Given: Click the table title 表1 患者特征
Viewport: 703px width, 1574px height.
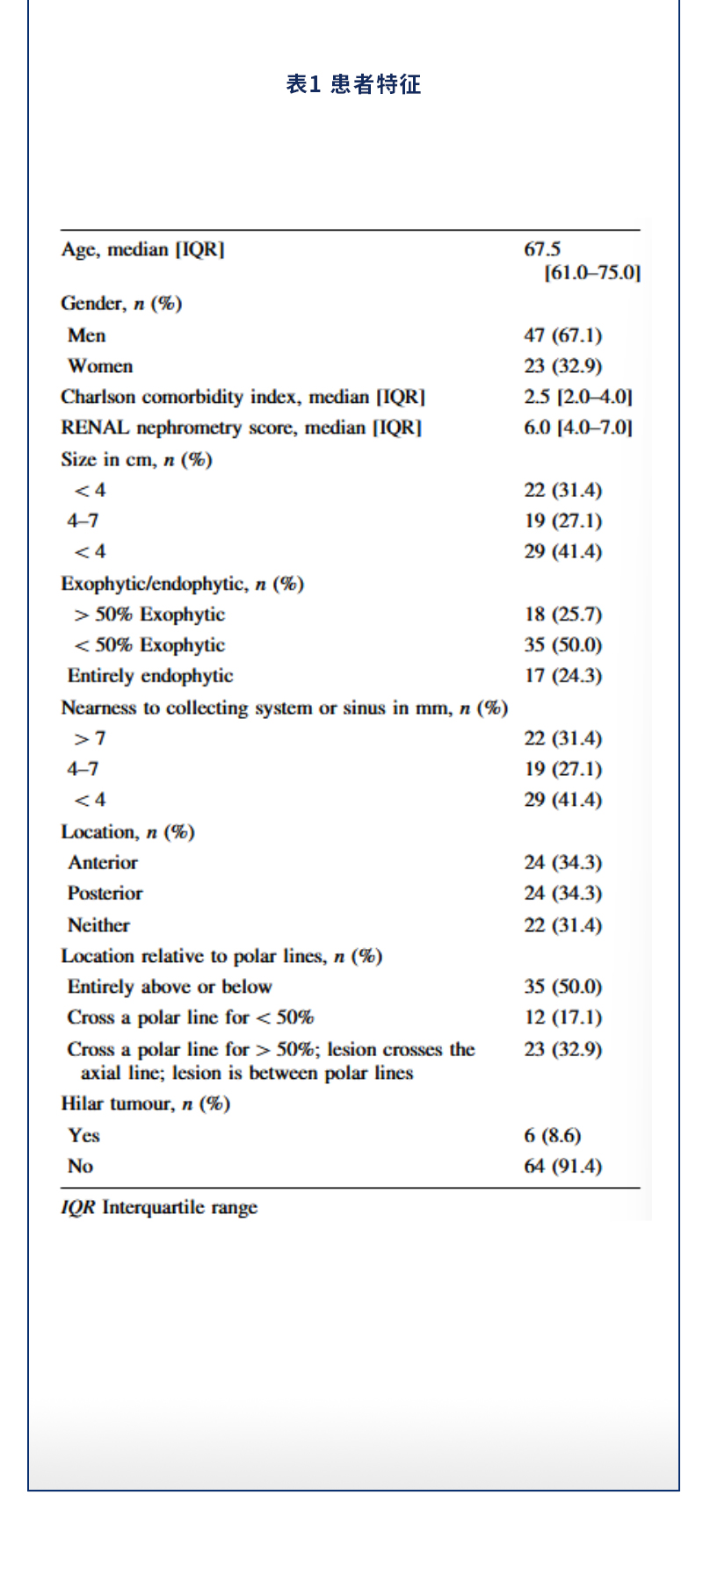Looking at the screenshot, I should [353, 84].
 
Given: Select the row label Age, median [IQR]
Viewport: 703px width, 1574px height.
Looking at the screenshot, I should [142, 250].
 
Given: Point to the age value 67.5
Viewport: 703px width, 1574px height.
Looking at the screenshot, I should [542, 250].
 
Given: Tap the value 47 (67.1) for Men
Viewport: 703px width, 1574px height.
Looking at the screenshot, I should [562, 335].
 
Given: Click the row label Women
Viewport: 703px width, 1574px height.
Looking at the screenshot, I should [100, 366].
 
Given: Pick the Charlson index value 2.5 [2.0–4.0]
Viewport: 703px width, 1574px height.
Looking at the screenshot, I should [577, 397].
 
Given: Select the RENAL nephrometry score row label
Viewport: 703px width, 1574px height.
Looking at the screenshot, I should [241, 428].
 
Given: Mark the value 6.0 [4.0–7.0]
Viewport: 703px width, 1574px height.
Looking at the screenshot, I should [577, 428].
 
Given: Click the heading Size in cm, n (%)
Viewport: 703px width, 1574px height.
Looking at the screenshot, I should [136, 459].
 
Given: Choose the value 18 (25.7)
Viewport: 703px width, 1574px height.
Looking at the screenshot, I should [562, 615].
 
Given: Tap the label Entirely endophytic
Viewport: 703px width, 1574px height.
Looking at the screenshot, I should [150, 676].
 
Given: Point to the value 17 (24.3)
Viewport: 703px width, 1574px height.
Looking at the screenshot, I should [562, 676].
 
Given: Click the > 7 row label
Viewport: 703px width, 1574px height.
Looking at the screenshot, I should [90, 738].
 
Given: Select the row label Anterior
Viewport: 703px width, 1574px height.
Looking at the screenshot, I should [103, 863].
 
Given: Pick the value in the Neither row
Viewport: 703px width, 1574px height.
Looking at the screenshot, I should [562, 925].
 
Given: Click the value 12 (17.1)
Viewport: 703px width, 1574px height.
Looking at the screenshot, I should [562, 1017].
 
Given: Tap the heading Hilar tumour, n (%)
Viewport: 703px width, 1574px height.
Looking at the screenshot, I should [145, 1103].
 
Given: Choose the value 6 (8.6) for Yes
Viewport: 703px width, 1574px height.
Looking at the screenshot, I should [552, 1136].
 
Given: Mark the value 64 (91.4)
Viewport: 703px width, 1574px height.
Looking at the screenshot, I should [562, 1167].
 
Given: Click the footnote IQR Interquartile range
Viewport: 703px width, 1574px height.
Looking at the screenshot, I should [159, 1208].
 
